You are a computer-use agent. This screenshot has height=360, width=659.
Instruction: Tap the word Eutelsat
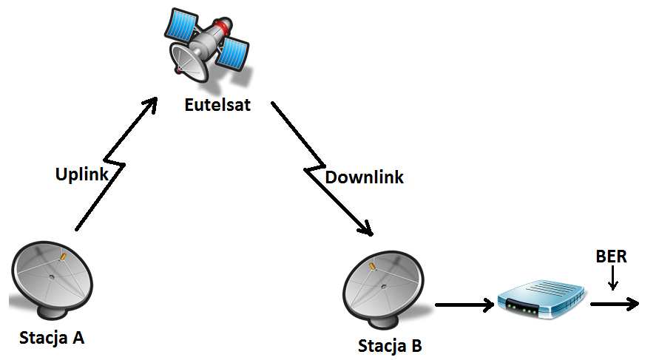218,105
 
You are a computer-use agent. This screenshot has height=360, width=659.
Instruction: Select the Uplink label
82,174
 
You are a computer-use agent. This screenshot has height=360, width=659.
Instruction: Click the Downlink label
365,177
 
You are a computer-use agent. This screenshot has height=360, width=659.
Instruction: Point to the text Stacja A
52,339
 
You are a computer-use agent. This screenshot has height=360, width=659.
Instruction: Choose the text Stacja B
391,345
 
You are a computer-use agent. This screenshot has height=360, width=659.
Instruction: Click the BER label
611,257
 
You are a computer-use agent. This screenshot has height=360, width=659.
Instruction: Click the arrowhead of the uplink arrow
151,103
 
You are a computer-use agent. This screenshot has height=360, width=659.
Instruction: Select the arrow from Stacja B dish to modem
464,304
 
